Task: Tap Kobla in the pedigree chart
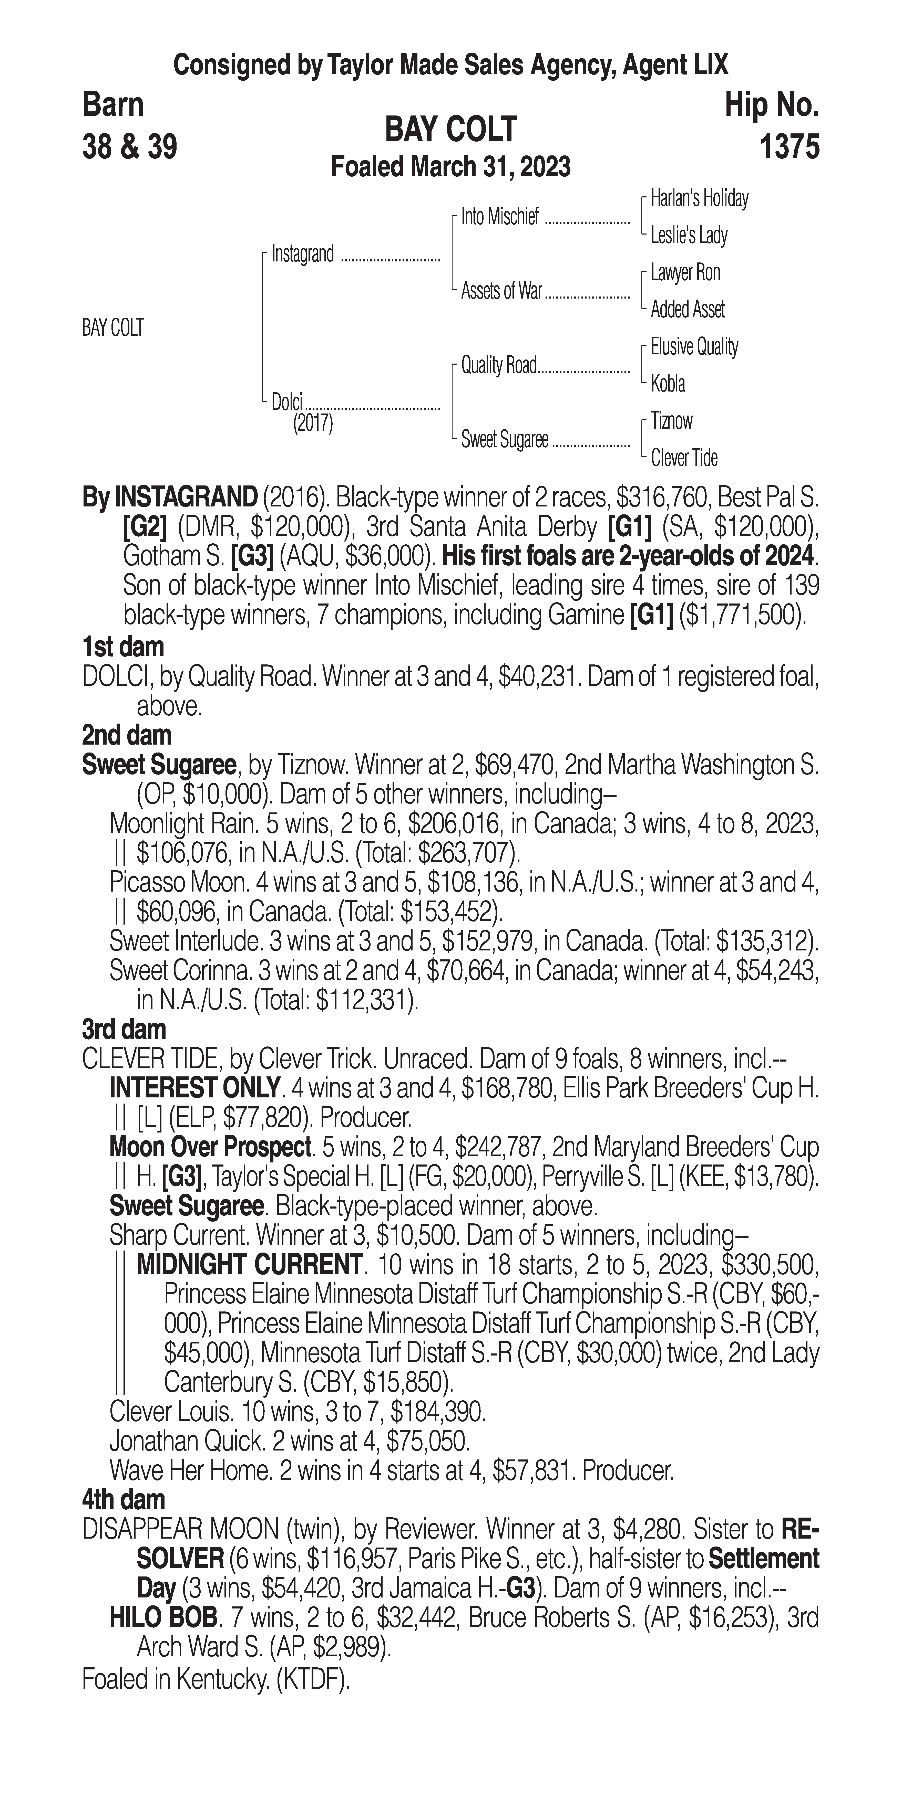[668, 384]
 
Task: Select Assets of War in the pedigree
[501, 291]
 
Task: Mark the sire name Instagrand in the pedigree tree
[303, 254]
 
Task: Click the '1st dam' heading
[123, 647]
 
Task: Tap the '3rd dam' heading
[125, 1029]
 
